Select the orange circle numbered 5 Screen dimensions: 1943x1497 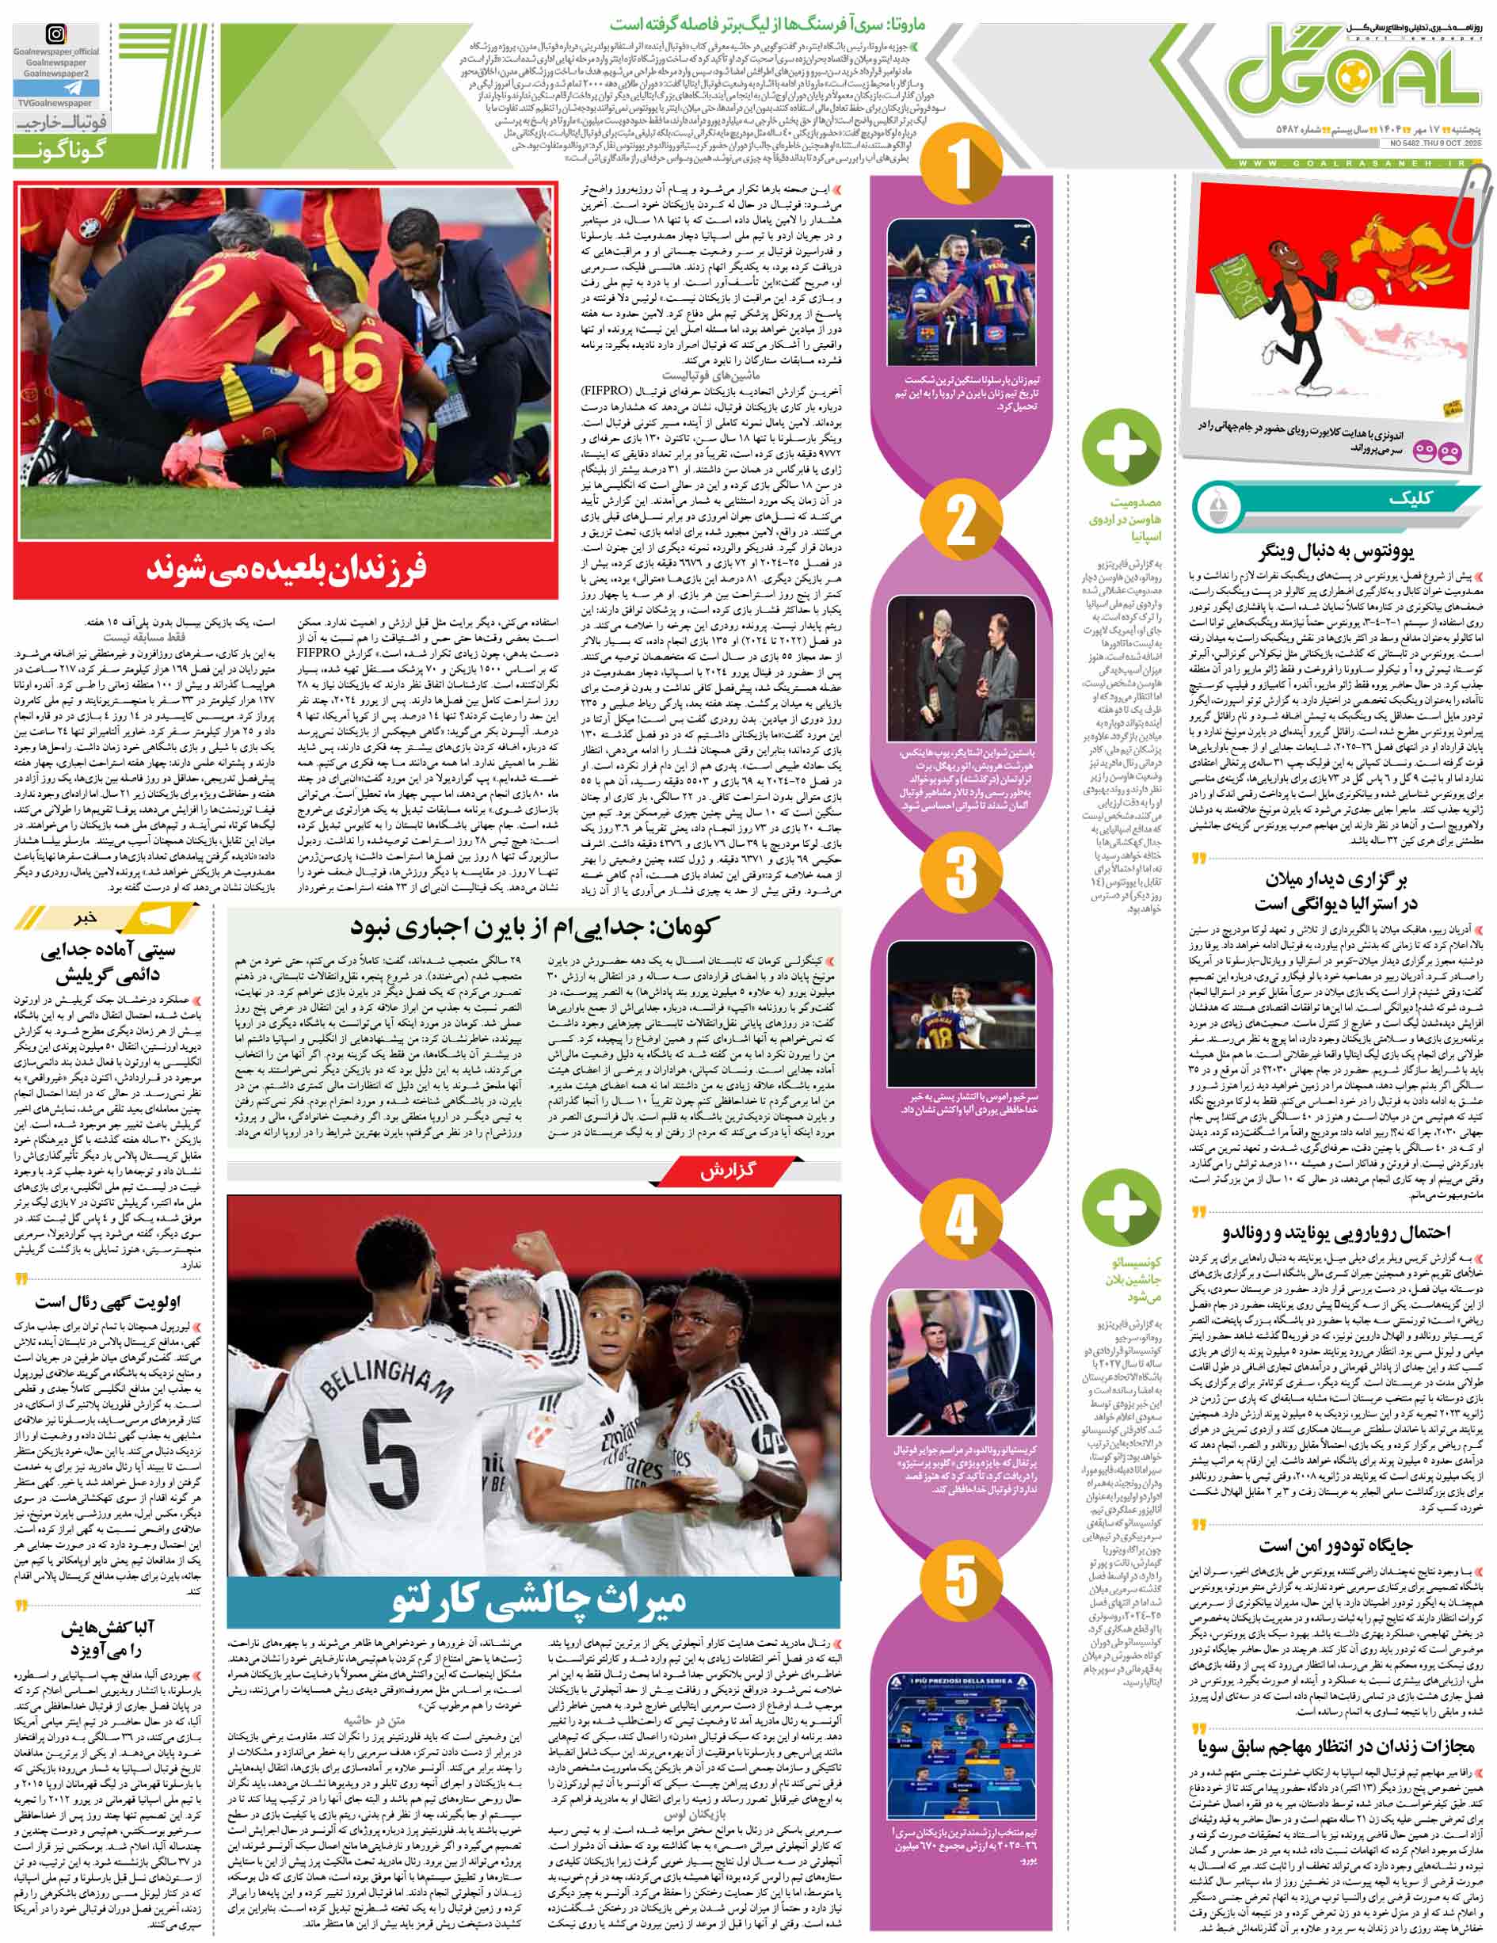(x=960, y=1579)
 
